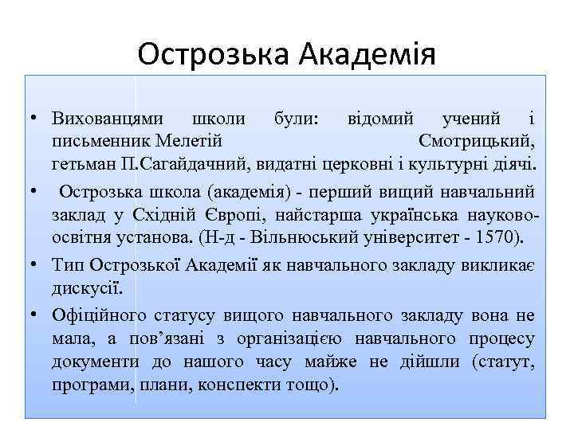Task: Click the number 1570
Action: click(495, 236)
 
